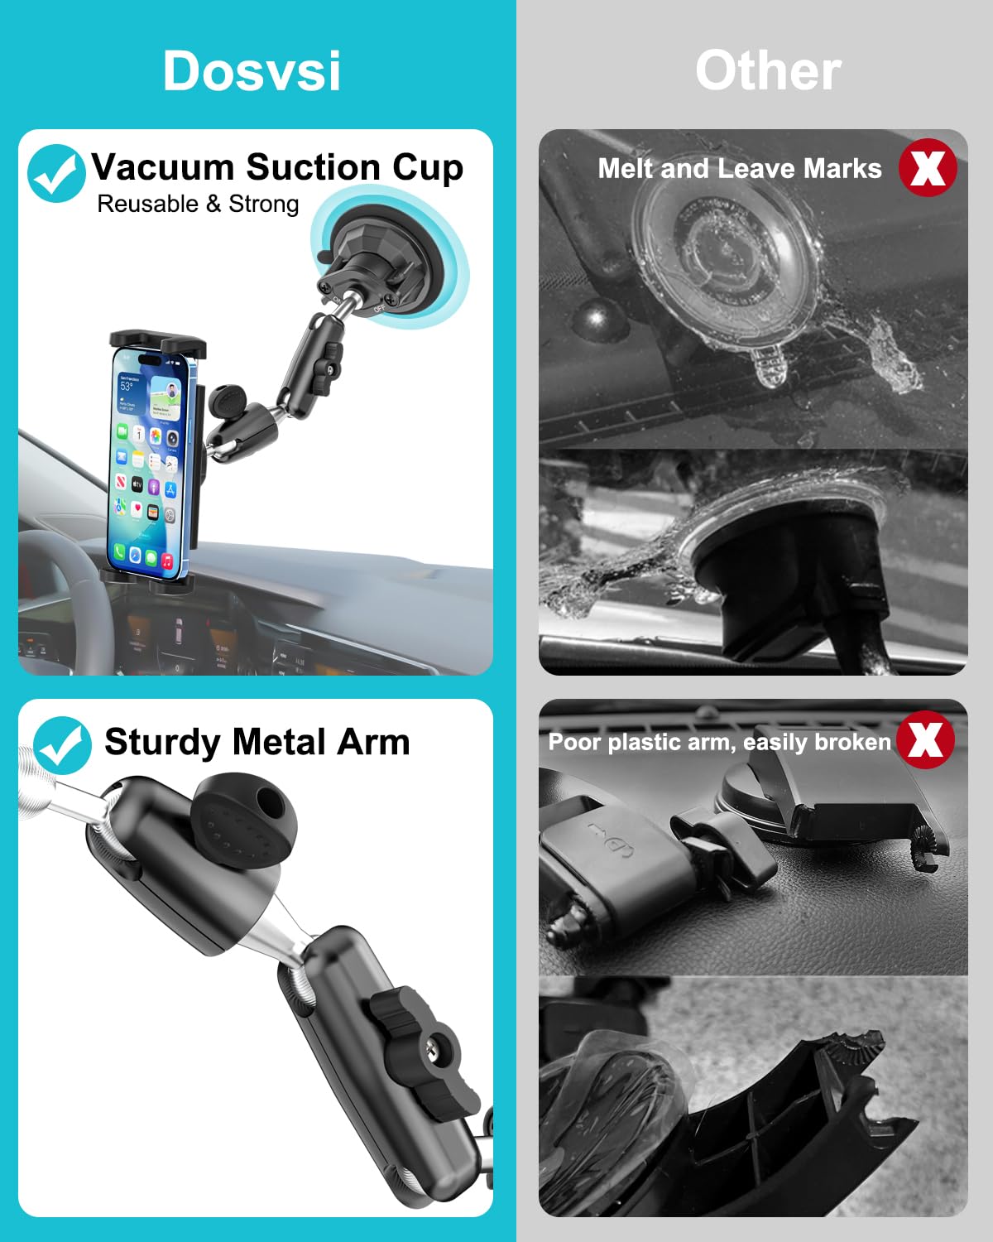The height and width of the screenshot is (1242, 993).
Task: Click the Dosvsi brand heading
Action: click(x=252, y=71)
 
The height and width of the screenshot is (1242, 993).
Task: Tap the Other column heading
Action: click(x=768, y=70)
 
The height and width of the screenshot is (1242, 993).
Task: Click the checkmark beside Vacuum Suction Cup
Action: click(x=56, y=173)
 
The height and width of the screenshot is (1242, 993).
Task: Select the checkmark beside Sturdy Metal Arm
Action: click(x=62, y=745)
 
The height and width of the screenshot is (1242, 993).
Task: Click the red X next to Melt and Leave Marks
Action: click(x=928, y=168)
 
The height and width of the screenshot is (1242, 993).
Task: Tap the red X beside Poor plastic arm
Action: click(x=925, y=739)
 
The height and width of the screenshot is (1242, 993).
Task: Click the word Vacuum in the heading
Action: click(x=163, y=167)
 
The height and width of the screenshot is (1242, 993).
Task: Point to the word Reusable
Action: click(x=148, y=204)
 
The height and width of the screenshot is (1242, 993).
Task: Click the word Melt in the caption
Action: click(x=626, y=169)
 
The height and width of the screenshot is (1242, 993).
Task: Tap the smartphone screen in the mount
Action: click(x=147, y=465)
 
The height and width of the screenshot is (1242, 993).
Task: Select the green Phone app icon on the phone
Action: click(x=119, y=551)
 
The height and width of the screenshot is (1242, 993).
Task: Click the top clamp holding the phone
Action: click(x=158, y=344)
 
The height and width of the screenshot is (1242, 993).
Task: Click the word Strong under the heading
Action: click(x=264, y=205)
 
